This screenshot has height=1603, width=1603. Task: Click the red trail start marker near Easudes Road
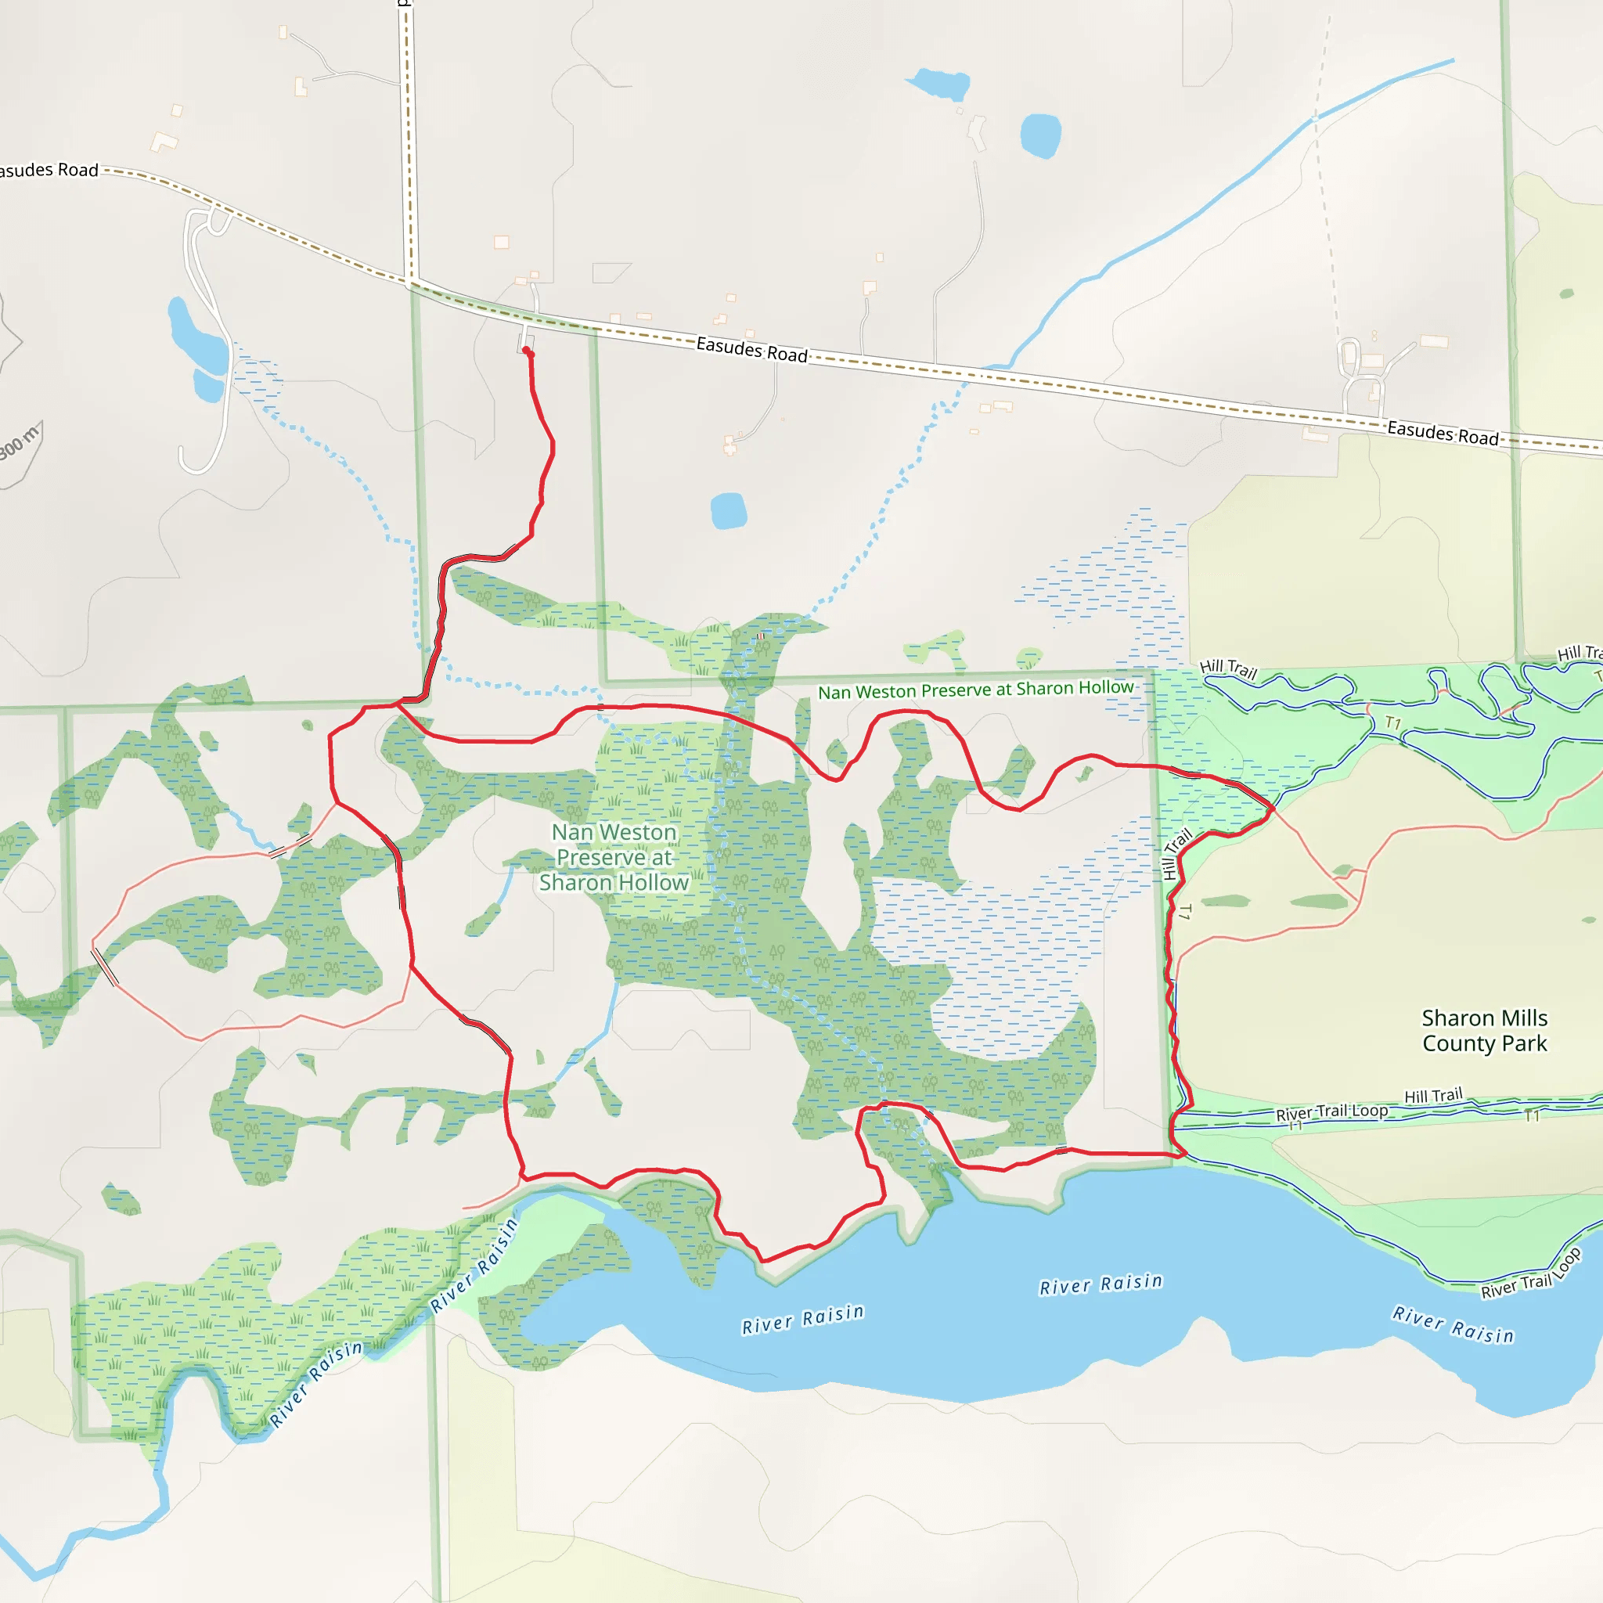pos(527,351)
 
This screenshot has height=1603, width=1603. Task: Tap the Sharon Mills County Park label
pos(1484,1031)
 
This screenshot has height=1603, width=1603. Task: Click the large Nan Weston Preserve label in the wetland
pos(614,857)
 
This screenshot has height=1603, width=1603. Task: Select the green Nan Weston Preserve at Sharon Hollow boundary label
pos(975,690)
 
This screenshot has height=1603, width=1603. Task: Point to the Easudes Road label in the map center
pos(751,349)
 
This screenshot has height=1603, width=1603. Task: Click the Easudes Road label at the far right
pos(1443,433)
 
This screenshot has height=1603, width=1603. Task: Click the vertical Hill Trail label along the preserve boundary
pos(1176,854)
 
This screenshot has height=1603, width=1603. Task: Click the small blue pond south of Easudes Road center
pos(729,511)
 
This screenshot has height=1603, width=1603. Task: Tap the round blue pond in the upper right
pos(1040,135)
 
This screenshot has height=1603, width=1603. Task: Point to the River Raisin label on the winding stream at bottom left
pos(316,1383)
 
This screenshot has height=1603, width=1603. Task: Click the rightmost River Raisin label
pos(1453,1324)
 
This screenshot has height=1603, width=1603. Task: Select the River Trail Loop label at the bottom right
pos(1532,1273)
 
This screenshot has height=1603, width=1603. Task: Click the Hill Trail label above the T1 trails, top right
pos(1229,668)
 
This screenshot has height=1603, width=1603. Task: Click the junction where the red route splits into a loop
pos(398,704)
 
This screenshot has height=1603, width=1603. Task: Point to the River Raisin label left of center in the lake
pos(802,1318)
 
